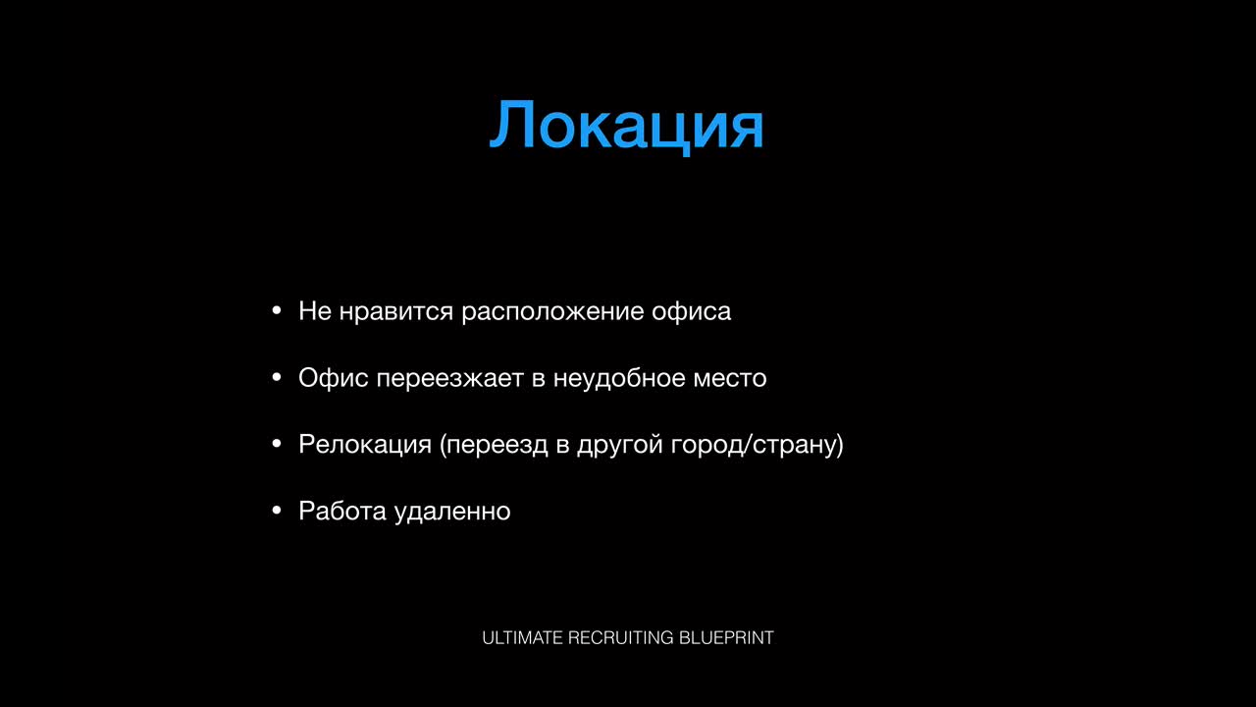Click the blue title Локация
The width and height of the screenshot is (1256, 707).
[626, 126]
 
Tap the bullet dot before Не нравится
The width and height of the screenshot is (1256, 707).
[277, 310]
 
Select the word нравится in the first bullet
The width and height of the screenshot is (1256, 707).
[395, 312]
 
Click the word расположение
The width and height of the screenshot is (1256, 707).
[552, 312]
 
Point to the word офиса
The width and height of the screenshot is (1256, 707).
[692, 312]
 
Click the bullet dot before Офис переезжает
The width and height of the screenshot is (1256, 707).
[277, 377]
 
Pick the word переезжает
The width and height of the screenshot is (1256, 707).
[449, 379]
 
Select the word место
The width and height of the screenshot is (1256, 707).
[730, 379]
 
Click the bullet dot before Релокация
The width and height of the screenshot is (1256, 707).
[277, 444]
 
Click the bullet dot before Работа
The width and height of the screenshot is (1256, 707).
[277, 510]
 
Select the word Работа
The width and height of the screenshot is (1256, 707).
[342, 511]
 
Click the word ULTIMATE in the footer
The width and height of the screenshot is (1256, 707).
[522, 638]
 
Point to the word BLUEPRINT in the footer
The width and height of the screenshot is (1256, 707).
[726, 638]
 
